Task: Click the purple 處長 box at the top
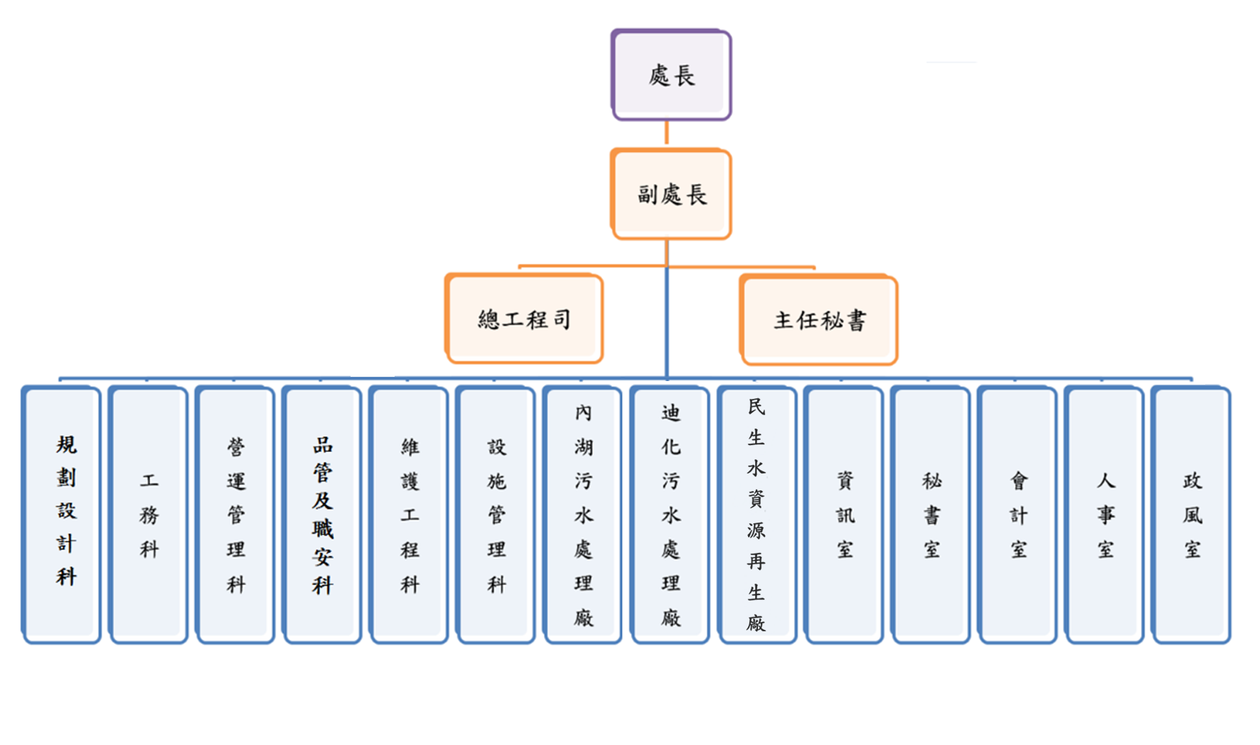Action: [671, 75]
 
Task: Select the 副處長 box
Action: [671, 194]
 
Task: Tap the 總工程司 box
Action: [524, 319]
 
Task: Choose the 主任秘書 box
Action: [819, 321]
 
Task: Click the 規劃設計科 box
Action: [63, 514]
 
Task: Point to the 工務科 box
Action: [149, 514]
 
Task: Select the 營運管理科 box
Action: [236, 514]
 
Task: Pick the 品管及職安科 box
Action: [323, 514]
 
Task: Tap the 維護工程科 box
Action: [410, 514]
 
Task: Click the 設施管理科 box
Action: [496, 514]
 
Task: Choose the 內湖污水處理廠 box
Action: [583, 514]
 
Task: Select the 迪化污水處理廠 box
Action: [671, 514]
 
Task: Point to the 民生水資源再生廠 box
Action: [757, 514]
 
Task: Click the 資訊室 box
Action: [844, 514]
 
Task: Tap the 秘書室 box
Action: [931, 514]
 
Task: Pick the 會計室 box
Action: [1018, 514]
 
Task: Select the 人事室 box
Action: [1105, 514]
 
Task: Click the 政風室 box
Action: [1192, 514]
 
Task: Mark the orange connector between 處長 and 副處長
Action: [666, 133]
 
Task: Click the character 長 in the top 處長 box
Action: [684, 75]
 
